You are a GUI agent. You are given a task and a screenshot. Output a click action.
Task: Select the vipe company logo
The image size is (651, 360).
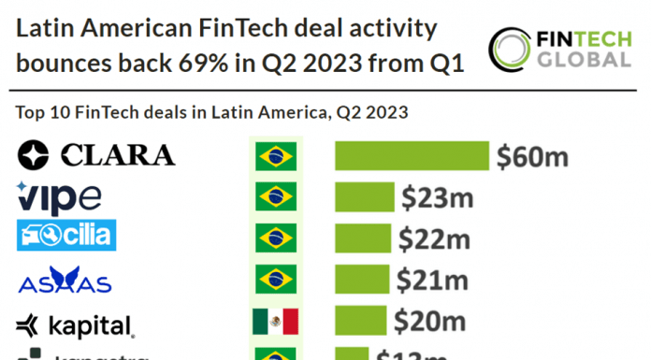(x=59, y=197)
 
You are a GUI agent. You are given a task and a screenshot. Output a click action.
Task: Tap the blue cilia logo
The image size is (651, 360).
(x=66, y=236)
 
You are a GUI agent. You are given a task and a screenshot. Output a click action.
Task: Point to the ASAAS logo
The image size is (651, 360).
(x=65, y=280)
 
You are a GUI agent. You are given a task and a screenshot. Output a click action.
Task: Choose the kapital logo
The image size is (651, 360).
(x=76, y=324)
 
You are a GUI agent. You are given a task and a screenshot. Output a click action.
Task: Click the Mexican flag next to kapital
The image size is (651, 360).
(x=275, y=323)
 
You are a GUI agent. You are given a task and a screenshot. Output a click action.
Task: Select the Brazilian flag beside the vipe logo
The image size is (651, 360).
(x=275, y=197)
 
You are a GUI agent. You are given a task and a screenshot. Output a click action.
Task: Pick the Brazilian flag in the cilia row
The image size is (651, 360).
(x=275, y=238)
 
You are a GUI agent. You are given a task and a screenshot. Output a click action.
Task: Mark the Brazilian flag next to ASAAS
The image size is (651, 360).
(x=275, y=280)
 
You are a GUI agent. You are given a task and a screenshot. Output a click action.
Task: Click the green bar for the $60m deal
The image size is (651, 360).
(x=412, y=156)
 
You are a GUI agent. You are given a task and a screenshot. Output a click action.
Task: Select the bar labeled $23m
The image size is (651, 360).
(x=364, y=197)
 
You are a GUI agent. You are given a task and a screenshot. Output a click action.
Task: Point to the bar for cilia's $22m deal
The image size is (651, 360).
(x=362, y=238)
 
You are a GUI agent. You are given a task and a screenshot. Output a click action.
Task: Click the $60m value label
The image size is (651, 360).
(x=532, y=156)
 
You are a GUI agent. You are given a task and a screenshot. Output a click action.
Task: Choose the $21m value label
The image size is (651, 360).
(x=431, y=280)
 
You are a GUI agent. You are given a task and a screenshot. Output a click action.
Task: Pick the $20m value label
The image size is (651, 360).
(x=427, y=323)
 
